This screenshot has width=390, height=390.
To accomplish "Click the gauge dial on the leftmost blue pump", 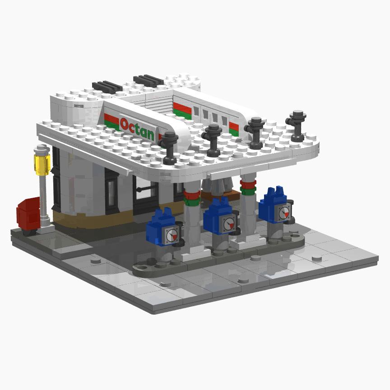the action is point(172,235).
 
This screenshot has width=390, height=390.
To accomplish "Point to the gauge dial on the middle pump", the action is point(229,223).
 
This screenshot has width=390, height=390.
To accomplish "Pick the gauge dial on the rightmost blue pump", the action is point(284,212).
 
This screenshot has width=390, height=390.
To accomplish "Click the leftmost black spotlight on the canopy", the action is point(168,148).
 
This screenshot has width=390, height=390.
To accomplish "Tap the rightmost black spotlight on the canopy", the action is point(296,126).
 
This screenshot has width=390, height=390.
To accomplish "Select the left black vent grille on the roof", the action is point(107,87).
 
